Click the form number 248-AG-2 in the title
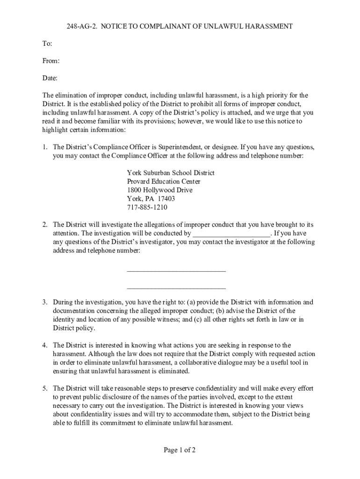[82, 27]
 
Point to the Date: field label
[50, 78]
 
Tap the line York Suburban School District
[171, 173]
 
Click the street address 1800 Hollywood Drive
[159, 190]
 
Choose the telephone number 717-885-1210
[147, 207]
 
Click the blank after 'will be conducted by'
[231, 233]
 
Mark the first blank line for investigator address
[176, 270]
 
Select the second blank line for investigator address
[176, 288]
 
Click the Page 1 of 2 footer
[180, 450]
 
